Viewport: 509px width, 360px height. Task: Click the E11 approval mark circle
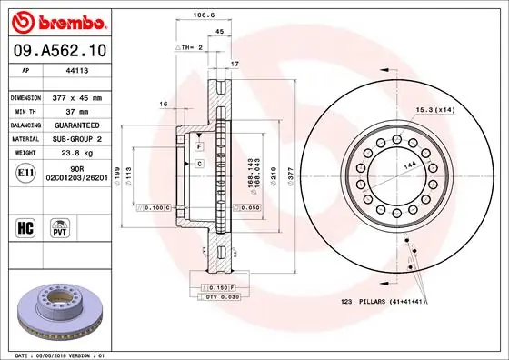pyautogui.click(x=27, y=172)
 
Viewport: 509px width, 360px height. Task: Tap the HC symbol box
pyautogui.click(x=27, y=224)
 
